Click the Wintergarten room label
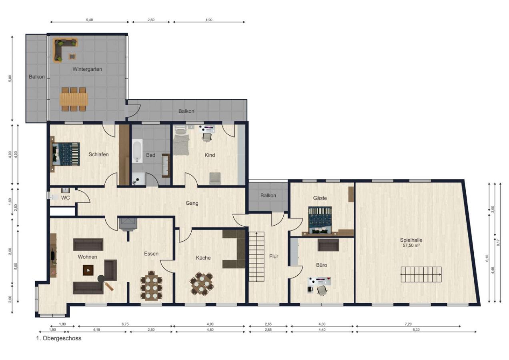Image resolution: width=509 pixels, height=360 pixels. [x=87, y=69]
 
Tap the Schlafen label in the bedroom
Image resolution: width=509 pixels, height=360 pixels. [x=98, y=154]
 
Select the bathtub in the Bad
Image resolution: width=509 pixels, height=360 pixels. [x=137, y=151]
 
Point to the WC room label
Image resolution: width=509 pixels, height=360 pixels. [x=66, y=198]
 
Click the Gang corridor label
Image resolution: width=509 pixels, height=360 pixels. [x=192, y=203]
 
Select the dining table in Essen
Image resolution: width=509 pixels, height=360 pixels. [x=152, y=285]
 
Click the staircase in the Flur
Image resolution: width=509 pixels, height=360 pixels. [x=257, y=257]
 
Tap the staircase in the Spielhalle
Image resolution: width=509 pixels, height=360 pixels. [x=421, y=274]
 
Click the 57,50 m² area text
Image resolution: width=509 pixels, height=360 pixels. [x=411, y=246]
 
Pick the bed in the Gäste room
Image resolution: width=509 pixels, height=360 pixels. [x=320, y=220]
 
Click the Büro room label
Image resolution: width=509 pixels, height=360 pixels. [x=322, y=265]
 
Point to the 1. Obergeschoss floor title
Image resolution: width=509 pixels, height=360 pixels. [x=59, y=338]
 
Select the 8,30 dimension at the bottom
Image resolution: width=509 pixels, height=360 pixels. [x=416, y=330]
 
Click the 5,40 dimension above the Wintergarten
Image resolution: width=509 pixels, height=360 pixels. [x=89, y=20]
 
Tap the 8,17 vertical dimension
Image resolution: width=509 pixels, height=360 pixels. [x=498, y=243]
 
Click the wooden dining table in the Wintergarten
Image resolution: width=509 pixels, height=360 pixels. [x=74, y=99]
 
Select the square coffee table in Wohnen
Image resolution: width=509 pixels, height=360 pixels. [x=88, y=270]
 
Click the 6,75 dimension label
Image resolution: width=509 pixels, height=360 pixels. [x=125, y=324]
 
